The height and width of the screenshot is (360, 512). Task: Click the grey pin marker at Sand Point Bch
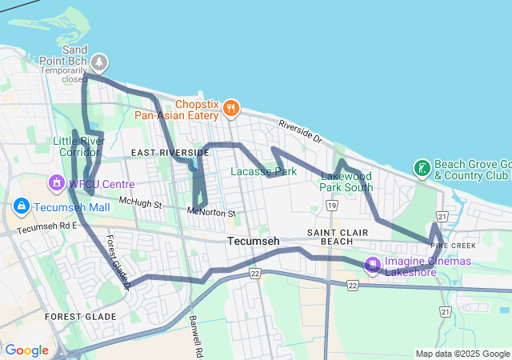(99, 62)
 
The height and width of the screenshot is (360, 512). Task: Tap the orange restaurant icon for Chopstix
(230, 107)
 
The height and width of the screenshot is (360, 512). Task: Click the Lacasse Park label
(263, 171)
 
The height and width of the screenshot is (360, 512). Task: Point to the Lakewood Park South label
(346, 182)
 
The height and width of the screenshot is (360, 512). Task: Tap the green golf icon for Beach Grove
(420, 168)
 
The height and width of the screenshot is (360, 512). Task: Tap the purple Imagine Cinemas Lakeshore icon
(372, 265)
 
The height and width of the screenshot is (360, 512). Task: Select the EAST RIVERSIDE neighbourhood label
(170, 152)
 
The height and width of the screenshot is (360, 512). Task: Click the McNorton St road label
(211, 213)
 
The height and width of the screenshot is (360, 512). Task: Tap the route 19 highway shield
(331, 206)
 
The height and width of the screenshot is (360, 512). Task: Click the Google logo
(26, 350)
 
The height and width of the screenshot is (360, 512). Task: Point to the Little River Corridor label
(79, 146)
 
